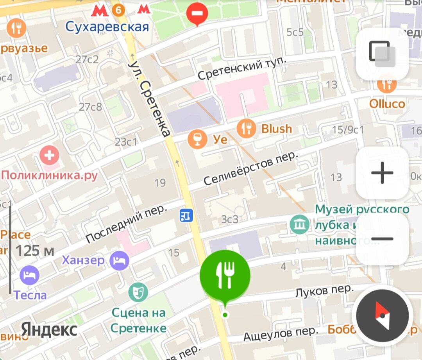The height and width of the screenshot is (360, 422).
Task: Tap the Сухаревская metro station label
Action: [107, 27]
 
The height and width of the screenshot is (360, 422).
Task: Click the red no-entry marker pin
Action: [197, 14]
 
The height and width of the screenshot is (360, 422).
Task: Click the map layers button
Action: [382, 54]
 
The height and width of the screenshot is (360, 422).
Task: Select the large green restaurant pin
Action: [225, 274]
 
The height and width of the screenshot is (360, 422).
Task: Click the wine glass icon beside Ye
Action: [197, 139]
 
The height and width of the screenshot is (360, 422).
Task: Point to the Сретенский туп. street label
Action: [242, 69]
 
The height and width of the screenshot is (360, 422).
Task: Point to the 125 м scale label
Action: [35, 251]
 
